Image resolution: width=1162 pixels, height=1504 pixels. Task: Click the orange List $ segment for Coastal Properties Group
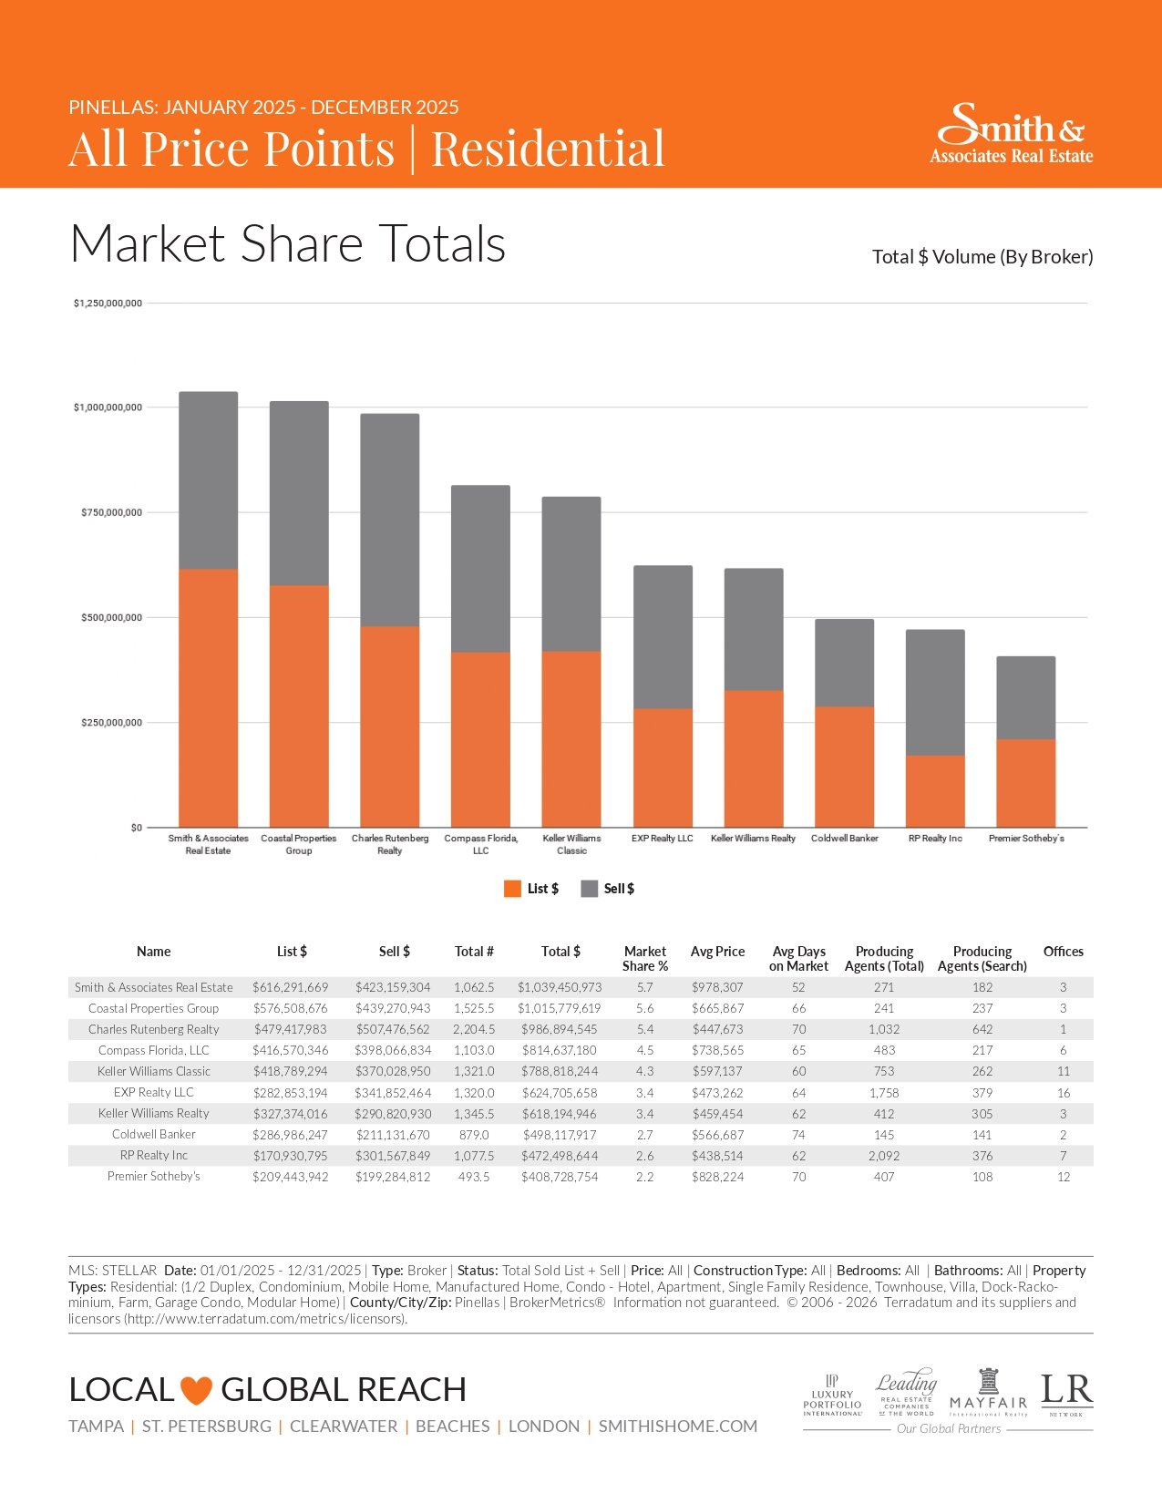pyautogui.click(x=299, y=706)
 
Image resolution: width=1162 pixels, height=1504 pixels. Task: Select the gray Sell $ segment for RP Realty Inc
pyautogui.click(x=935, y=693)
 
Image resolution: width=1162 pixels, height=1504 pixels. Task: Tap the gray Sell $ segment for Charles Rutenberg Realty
pyautogui.click(x=390, y=520)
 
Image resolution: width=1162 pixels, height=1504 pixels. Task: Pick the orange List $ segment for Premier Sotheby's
pyautogui.click(x=1026, y=783)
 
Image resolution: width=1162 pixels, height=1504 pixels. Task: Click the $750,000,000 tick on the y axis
pyautogui.click(x=111, y=512)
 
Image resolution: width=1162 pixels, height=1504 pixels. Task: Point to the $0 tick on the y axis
pyautogui.click(x=137, y=828)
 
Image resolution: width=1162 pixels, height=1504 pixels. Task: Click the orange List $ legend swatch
pyautogui.click(x=512, y=889)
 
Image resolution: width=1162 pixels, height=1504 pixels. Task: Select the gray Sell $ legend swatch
pyautogui.click(x=589, y=889)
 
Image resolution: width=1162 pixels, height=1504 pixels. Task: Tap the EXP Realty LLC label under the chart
pyautogui.click(x=663, y=839)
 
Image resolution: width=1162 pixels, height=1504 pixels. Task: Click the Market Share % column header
pyautogui.click(x=645, y=959)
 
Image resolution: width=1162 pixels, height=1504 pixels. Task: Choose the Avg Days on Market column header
pyautogui.click(x=798, y=959)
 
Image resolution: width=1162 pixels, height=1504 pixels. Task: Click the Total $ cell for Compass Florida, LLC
pyautogui.click(x=559, y=1050)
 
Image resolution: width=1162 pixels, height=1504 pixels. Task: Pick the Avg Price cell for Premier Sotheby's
pyautogui.click(x=717, y=1177)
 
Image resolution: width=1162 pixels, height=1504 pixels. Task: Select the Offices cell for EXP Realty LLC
pyautogui.click(x=1063, y=1093)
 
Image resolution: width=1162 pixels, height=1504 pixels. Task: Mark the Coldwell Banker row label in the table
pyautogui.click(x=154, y=1135)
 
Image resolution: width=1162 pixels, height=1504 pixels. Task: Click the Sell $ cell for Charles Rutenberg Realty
pyautogui.click(x=393, y=1029)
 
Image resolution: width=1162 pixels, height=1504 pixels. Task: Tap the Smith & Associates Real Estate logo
pyautogui.click(x=1011, y=134)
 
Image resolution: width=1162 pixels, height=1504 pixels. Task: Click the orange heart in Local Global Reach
pyautogui.click(x=196, y=1391)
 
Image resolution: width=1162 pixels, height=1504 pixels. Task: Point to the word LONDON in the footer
pyautogui.click(x=544, y=1427)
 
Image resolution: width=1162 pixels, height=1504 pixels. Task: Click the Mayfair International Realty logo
pyautogui.click(x=988, y=1393)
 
